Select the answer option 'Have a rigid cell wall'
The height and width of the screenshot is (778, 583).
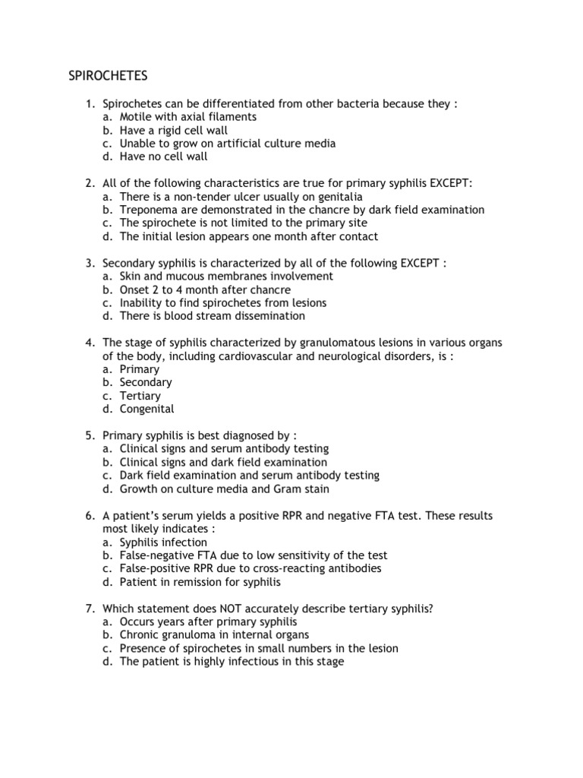click(x=173, y=131)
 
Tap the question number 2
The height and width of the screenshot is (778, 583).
click(x=90, y=183)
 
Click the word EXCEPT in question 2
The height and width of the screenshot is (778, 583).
click(x=450, y=183)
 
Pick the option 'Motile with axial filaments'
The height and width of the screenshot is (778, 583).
click(x=188, y=117)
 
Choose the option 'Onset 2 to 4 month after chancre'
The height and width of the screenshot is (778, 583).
click(x=205, y=289)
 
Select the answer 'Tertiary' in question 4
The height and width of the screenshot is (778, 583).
click(x=140, y=396)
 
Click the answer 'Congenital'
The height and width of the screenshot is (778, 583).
click(x=147, y=409)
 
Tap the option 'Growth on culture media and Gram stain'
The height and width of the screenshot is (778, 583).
click(x=224, y=489)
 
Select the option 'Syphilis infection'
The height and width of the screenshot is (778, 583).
click(x=163, y=542)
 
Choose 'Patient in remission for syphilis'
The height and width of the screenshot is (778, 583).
click(x=200, y=582)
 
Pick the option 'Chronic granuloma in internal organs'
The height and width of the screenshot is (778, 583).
click(x=214, y=635)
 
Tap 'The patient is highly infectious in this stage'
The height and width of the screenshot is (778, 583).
click(x=232, y=662)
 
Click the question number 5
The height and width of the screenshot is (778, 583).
click(x=90, y=435)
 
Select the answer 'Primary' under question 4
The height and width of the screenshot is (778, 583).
click(x=139, y=369)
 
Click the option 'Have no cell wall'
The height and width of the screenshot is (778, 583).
click(x=162, y=157)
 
